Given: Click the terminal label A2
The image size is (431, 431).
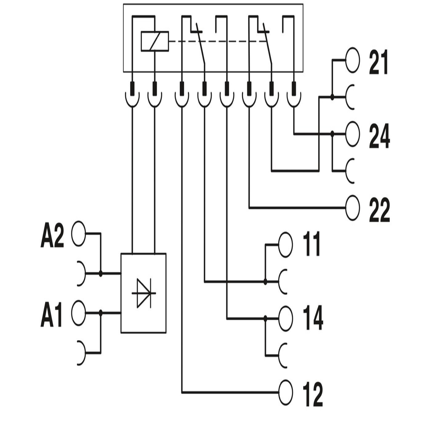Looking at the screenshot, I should tap(52, 238).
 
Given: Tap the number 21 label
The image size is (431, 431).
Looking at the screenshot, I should tap(379, 64).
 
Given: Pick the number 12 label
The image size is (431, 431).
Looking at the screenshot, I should tap(313, 395).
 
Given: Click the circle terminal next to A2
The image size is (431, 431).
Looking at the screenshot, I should tap(79, 234).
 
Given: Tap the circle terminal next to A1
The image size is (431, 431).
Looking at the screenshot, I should tap(79, 313).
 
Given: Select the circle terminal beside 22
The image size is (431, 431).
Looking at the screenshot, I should tap(352, 208).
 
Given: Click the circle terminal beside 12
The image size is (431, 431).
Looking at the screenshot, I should tap(285, 393).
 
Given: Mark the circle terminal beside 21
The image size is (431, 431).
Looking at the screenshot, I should tap(352, 60).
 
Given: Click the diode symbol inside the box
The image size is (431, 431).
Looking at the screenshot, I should tap(143, 293).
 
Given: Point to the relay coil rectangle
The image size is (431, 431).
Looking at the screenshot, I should tap(155, 41).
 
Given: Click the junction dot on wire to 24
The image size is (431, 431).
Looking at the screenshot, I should tap(332, 134).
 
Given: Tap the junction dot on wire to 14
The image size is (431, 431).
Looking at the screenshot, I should tap(265, 319).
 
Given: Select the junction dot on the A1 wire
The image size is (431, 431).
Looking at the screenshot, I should tap(101, 313).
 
